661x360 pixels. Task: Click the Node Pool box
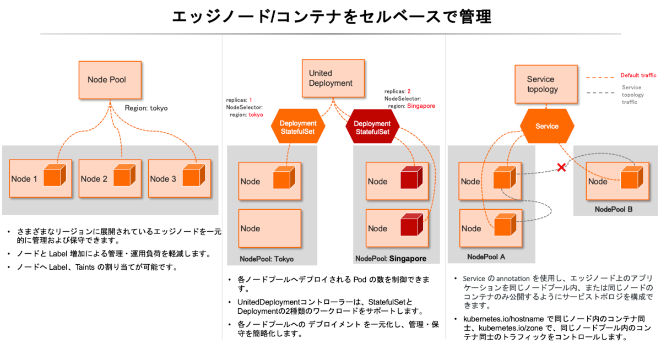click(x=110, y=80)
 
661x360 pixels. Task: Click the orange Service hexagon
click(x=547, y=126)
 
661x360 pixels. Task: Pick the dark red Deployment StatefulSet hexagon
click(x=372, y=128)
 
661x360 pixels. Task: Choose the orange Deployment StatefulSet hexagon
click(x=298, y=128)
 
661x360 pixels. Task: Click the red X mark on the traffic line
click(x=561, y=167)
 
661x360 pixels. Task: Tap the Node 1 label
click(x=24, y=179)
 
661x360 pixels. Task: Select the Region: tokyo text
click(x=146, y=108)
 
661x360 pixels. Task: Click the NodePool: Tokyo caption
click(x=267, y=259)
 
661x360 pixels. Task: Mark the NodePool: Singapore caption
click(x=391, y=258)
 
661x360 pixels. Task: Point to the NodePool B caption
click(x=614, y=210)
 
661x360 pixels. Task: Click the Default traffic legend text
click(x=638, y=75)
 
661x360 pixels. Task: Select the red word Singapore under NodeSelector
click(x=421, y=106)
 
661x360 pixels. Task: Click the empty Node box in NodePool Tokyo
click(x=270, y=228)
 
